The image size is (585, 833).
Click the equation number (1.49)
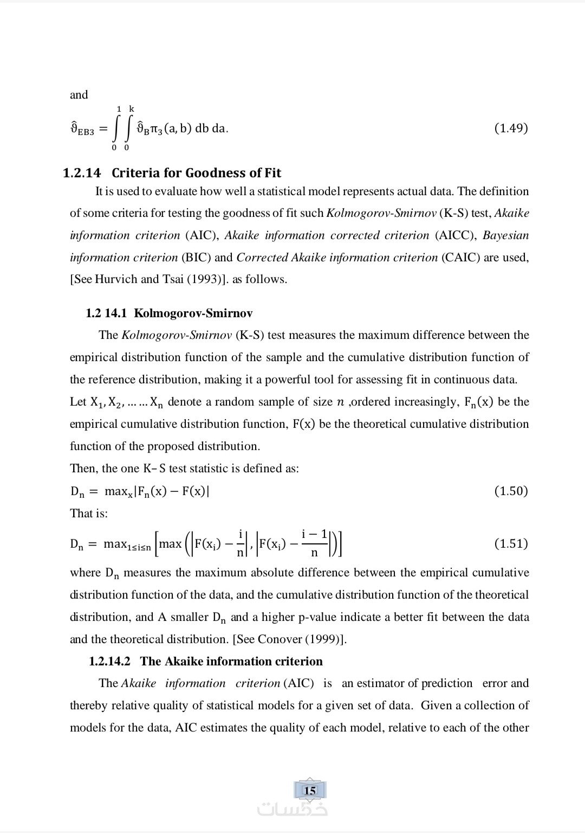pyautogui.click(x=511, y=128)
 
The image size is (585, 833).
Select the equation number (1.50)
pyautogui.click(x=511, y=491)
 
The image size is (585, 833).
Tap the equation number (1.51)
pyautogui.click(x=511, y=543)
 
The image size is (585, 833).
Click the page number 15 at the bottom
pyautogui.click(x=310, y=791)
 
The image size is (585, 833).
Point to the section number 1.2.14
pyautogui.click(x=82, y=173)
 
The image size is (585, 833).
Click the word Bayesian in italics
pyautogui.click(x=505, y=235)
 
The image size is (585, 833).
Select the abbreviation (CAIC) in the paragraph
pyautogui.click(x=461, y=258)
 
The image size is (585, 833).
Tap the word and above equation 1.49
pyautogui.click(x=79, y=95)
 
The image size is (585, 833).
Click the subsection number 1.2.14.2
pyautogui.click(x=110, y=661)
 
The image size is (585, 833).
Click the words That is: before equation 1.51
pyautogui.click(x=89, y=513)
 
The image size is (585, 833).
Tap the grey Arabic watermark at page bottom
pyautogui.click(x=292, y=809)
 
